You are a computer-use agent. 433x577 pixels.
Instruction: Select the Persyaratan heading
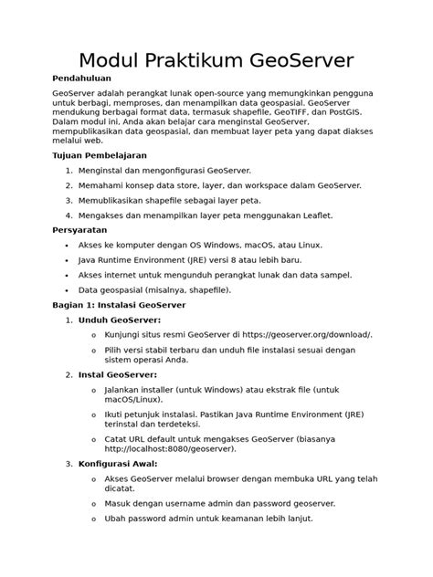pyautogui.click(x=81, y=231)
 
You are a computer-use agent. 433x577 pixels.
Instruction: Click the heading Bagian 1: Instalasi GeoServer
pyautogui.click(x=120, y=305)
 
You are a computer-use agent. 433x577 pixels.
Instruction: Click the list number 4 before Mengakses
pyautogui.click(x=69, y=215)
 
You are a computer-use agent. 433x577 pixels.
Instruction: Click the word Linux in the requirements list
pyautogui.click(x=308, y=246)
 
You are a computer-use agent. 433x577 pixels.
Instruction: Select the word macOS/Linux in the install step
pyautogui.click(x=134, y=399)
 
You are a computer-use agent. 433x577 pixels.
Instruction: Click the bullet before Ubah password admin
pyautogui.click(x=94, y=519)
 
